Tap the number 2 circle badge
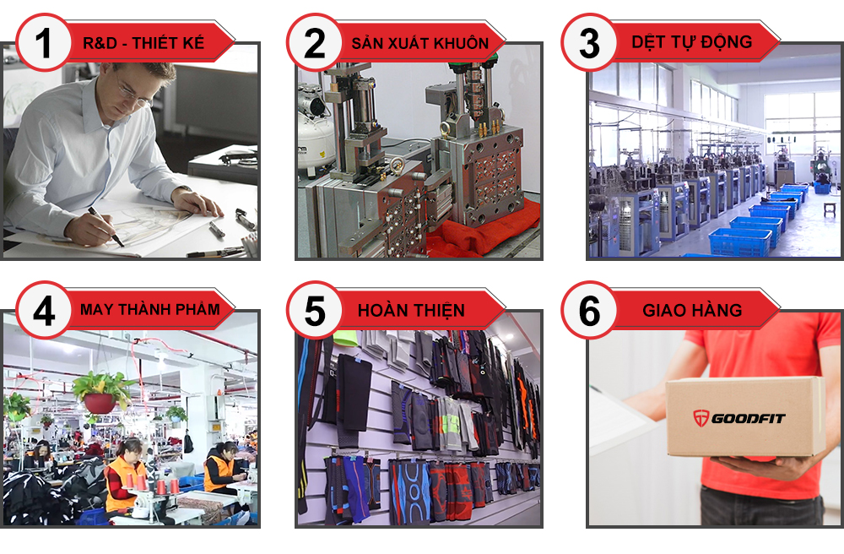click(x=315, y=42)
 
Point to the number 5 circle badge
click(x=315, y=310)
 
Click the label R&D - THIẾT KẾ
click(x=143, y=43)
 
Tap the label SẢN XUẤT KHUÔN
click(x=419, y=43)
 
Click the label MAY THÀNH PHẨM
click(x=149, y=309)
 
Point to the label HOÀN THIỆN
click(x=411, y=310)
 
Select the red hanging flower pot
click(x=100, y=403)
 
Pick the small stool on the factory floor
click(x=830, y=208)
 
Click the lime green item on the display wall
click(x=344, y=339)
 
